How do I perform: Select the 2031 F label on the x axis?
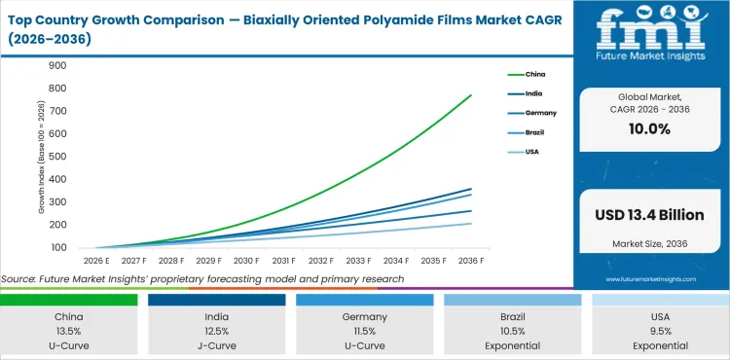click(x=284, y=261)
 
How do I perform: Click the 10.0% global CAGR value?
click(x=649, y=129)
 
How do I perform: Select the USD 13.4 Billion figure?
click(x=649, y=214)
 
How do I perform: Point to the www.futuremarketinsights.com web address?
click(x=649, y=277)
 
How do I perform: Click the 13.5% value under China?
click(x=69, y=331)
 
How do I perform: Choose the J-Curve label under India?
click(x=217, y=345)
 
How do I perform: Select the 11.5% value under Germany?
click(x=365, y=331)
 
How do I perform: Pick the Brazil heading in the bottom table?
click(x=513, y=316)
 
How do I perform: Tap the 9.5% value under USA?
click(x=661, y=331)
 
